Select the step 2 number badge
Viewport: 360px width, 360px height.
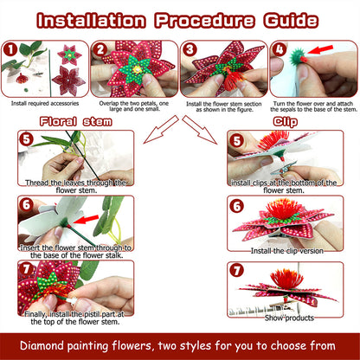(100, 49)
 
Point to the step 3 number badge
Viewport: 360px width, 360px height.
(190, 49)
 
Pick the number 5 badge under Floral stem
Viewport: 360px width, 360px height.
(28, 138)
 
